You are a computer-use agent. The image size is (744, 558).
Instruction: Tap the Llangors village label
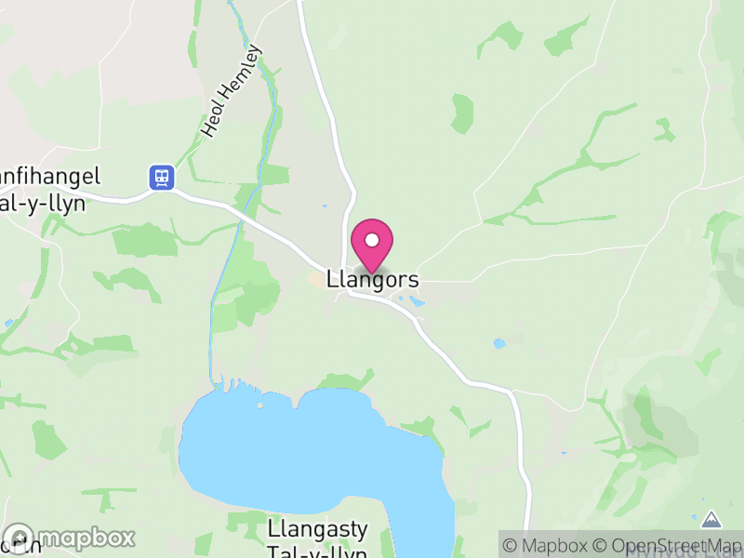point(373,279)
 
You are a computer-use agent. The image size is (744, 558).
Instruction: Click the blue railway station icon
point(162,177)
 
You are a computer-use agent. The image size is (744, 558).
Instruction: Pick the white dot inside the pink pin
point(372,240)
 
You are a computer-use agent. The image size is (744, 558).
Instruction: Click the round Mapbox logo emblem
point(20,538)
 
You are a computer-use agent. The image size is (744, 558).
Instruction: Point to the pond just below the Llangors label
point(415,301)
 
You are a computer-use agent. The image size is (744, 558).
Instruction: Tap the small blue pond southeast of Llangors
point(499,343)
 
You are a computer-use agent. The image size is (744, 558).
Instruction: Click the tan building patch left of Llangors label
point(316,279)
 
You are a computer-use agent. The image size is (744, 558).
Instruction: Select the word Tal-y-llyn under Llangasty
point(317,552)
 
